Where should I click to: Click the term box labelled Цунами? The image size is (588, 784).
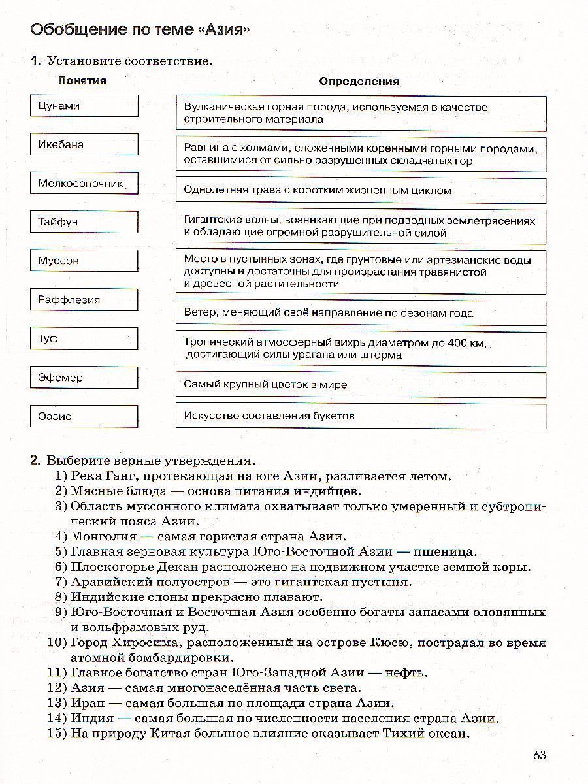coord(84,106)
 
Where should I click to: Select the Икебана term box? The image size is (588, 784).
coord(84,144)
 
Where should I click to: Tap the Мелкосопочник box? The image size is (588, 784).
coord(84,184)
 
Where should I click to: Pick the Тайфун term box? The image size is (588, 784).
coord(84,222)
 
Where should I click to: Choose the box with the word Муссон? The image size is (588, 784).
coord(84,261)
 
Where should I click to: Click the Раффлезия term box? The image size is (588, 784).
coord(84,300)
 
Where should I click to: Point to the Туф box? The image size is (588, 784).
coord(84,338)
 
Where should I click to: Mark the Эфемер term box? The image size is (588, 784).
coord(84,378)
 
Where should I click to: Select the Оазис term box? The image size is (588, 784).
coord(84,416)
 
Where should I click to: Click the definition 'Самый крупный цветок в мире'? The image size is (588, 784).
coord(361,385)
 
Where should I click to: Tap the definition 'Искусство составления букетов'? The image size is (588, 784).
coord(361,416)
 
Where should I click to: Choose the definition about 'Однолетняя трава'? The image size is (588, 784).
coord(361,191)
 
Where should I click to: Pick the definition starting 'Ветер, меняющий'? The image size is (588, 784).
coord(361,313)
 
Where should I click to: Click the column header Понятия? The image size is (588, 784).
coord(82,80)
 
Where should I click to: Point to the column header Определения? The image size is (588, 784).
coord(359,82)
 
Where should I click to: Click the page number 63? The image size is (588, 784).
coord(539,755)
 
